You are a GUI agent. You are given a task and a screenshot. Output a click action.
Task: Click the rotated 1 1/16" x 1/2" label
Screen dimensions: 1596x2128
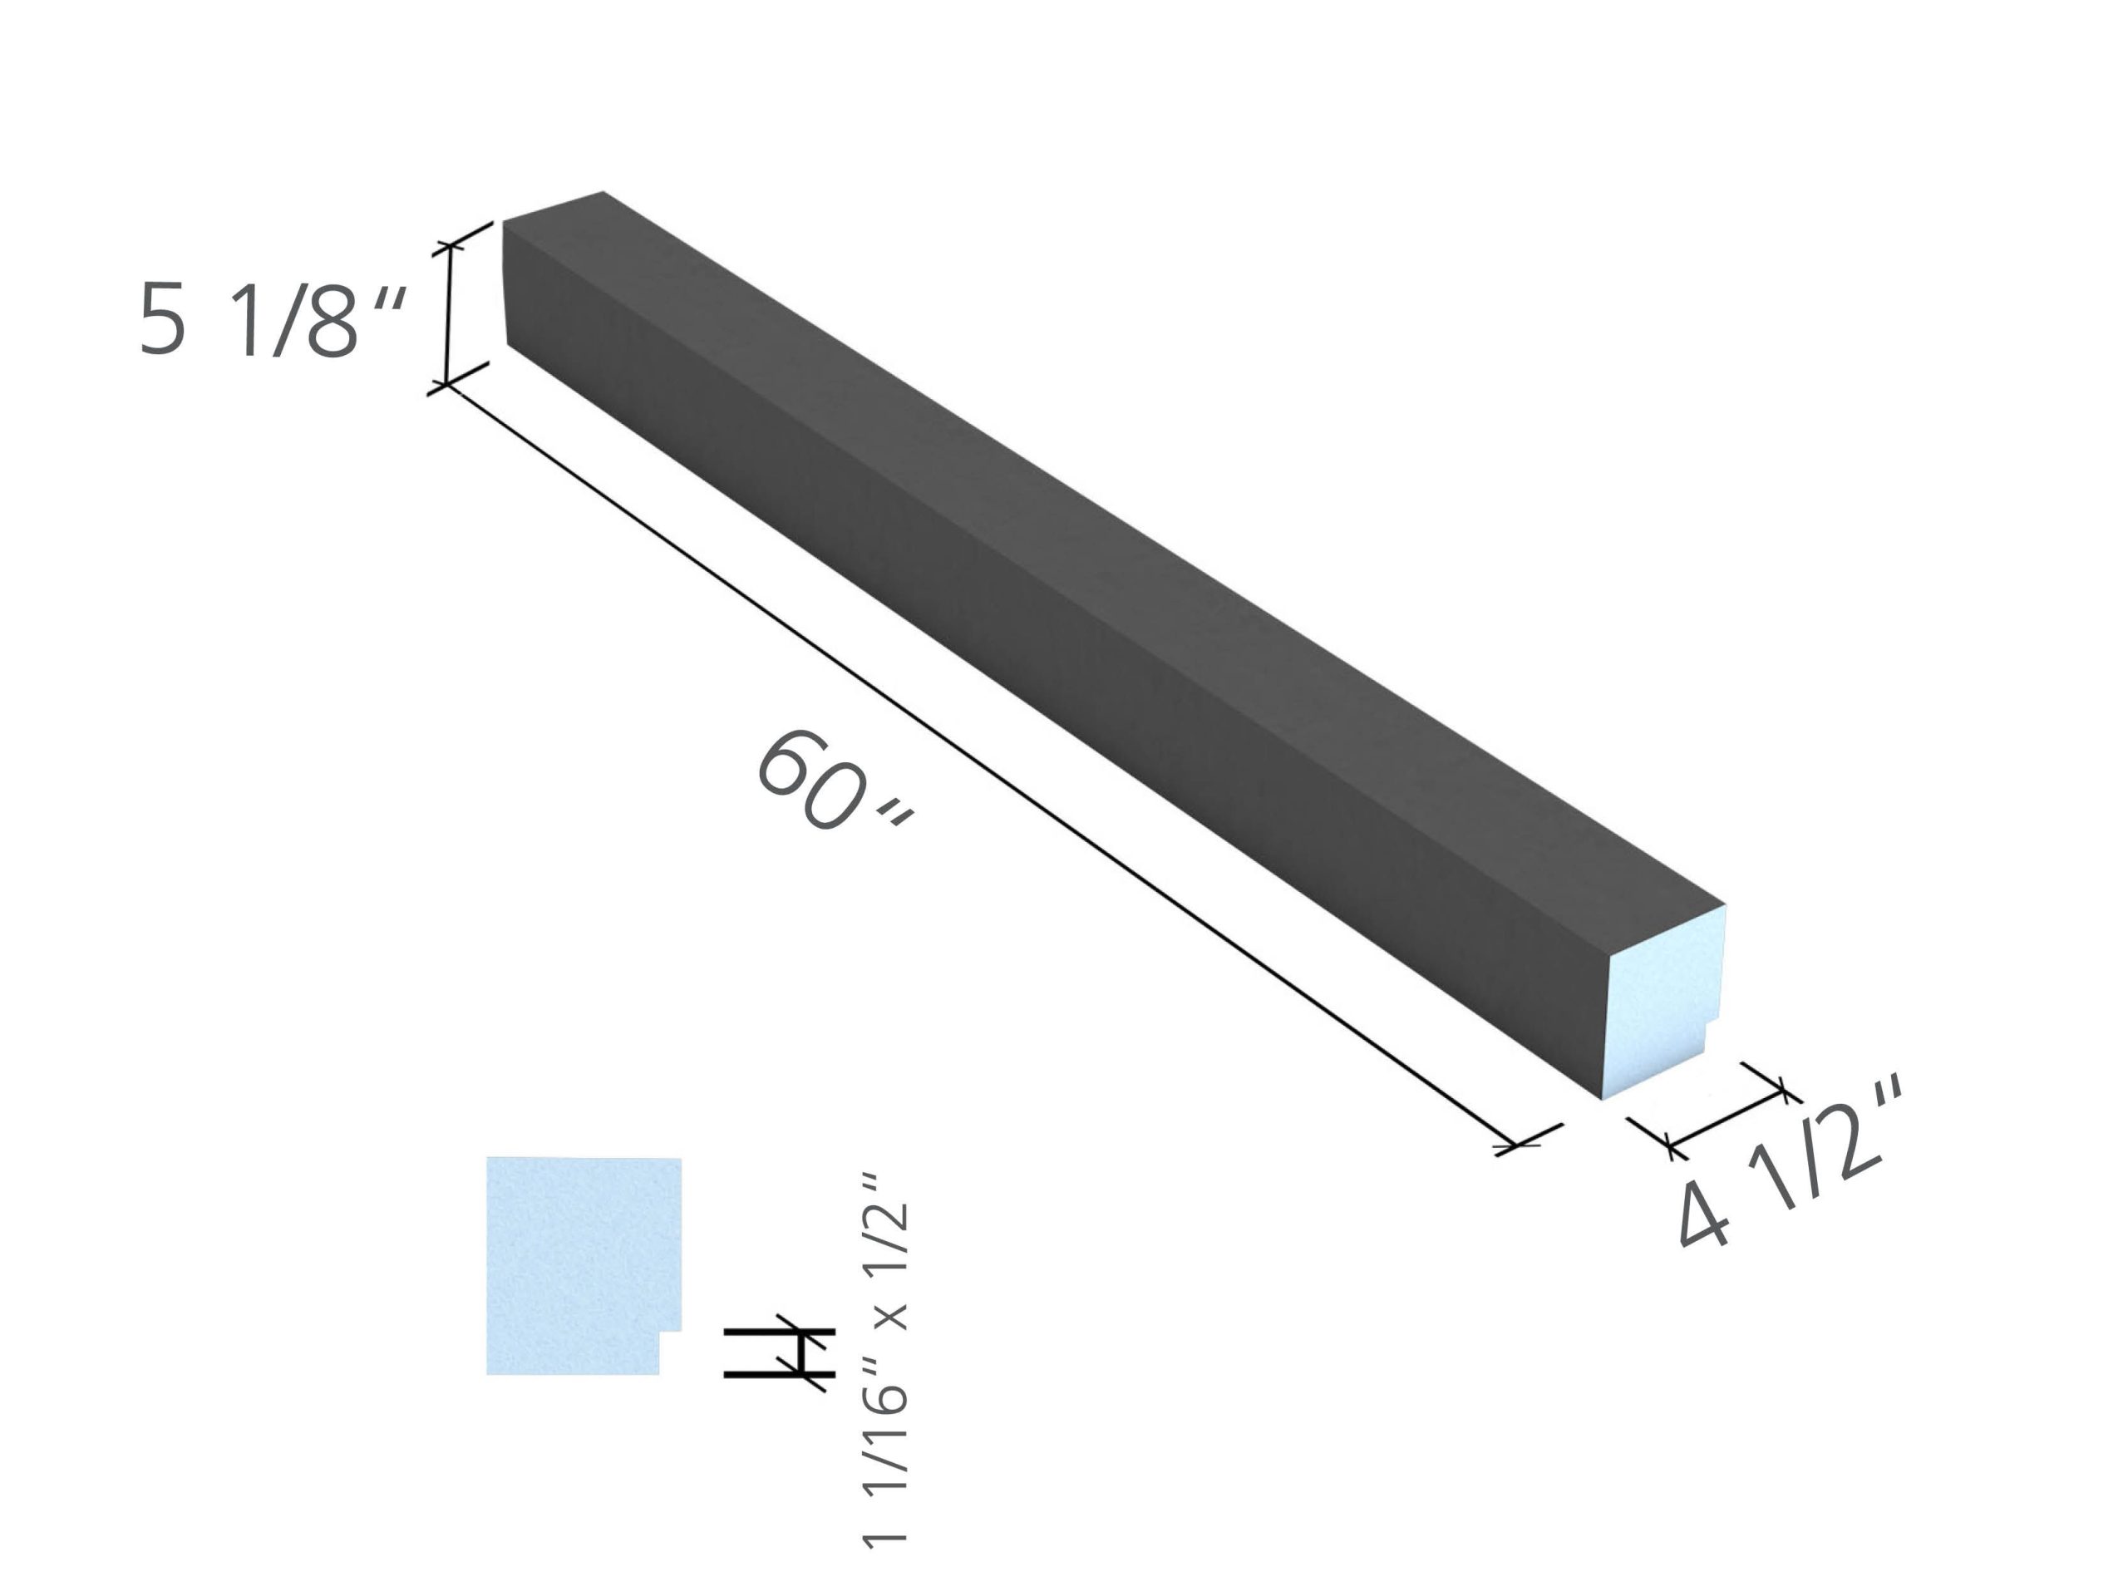tap(885, 1362)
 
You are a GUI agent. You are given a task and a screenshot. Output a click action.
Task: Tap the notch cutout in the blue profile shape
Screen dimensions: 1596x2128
tap(671, 1352)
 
